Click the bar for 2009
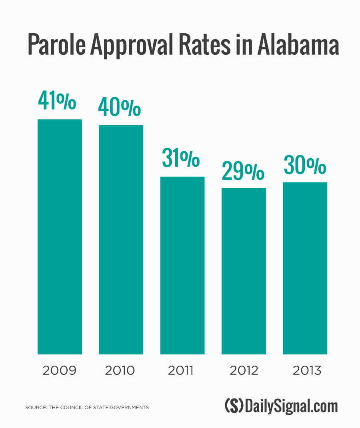click(60, 237)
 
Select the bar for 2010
click(121, 239)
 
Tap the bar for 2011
click(182, 265)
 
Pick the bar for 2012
click(244, 271)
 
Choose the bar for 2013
click(305, 268)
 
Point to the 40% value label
click(120, 106)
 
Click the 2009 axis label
click(59, 370)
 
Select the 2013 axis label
click(307, 370)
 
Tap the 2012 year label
click(244, 370)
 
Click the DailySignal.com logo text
click(292, 406)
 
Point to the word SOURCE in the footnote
click(35, 408)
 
